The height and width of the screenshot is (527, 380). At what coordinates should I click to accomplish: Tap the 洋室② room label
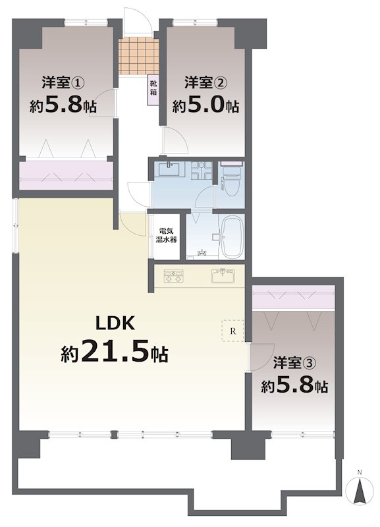tap(205, 83)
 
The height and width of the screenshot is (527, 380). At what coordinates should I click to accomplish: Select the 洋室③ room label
tap(294, 362)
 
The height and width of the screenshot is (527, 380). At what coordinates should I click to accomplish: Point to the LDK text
tap(115, 323)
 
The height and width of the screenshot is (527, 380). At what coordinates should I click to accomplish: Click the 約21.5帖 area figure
tap(115, 351)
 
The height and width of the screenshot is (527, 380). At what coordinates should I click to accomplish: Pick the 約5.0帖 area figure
tap(205, 106)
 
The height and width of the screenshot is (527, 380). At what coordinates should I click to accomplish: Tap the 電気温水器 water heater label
tap(166, 236)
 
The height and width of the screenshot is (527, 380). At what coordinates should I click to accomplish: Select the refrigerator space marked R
tap(232, 331)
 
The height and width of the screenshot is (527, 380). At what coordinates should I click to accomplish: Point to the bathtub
tap(230, 237)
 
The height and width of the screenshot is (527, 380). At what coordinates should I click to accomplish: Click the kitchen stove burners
tap(173, 276)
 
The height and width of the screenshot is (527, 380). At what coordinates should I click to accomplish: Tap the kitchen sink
tap(223, 276)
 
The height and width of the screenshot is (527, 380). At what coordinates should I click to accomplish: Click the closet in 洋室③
tap(293, 298)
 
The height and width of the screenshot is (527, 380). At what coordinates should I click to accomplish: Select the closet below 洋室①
tap(65, 175)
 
